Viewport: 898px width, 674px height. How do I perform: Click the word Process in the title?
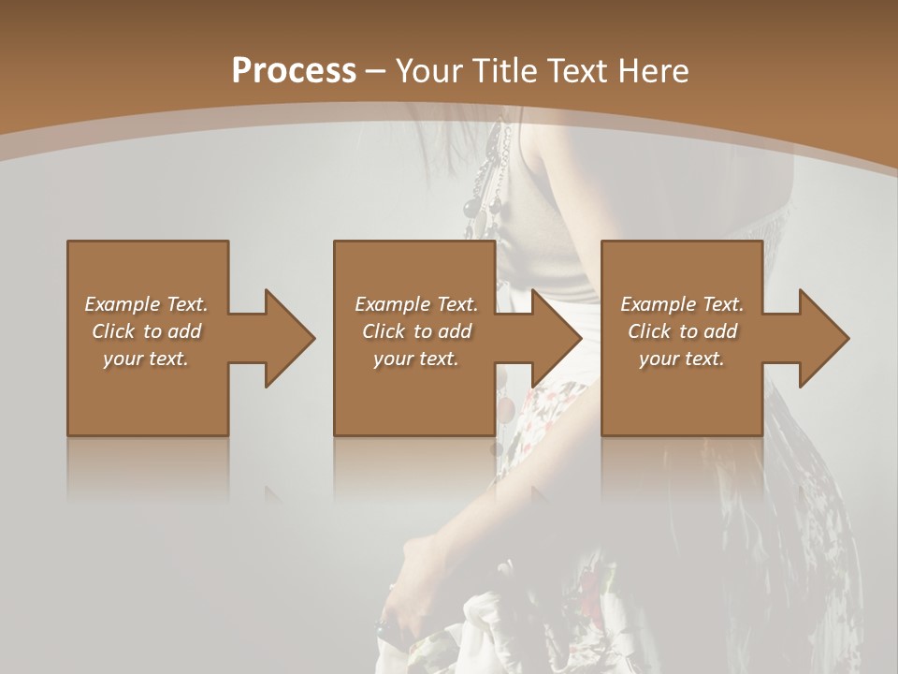(294, 70)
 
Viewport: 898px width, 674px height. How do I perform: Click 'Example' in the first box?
(122, 304)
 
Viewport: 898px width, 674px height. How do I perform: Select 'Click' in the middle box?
(384, 331)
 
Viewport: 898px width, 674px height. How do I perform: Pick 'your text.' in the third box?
(681, 359)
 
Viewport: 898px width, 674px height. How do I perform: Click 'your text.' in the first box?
(146, 359)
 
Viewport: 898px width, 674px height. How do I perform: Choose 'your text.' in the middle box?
(415, 359)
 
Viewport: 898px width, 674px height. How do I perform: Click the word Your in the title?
(429, 70)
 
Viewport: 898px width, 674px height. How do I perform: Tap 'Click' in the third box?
(649, 331)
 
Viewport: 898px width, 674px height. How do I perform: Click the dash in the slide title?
(375, 71)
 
